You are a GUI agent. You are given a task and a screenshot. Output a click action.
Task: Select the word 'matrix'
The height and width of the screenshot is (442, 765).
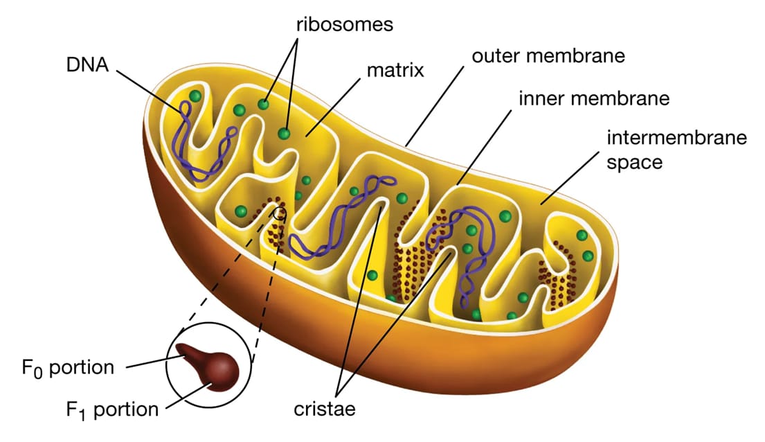tap(395, 71)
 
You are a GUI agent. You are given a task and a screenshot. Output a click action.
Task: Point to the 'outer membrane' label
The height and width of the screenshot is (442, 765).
tap(548, 55)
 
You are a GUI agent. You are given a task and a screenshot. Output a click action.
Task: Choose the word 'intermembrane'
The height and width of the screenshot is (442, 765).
tap(677, 137)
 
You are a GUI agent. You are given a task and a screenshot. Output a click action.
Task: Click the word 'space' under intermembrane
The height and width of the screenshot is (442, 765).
tap(635, 163)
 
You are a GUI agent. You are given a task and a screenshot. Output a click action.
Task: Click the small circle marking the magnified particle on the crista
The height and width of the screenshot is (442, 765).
tap(280, 213)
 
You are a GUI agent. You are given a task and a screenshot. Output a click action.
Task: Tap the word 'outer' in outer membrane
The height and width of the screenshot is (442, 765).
tap(497, 55)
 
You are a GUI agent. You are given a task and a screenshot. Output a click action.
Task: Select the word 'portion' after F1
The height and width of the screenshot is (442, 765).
tap(125, 409)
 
